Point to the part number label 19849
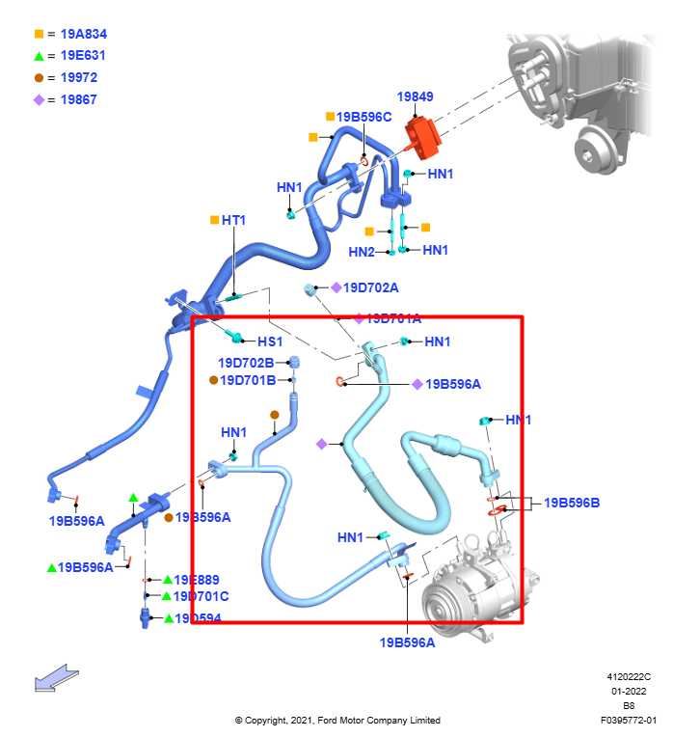pos(416,96)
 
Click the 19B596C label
pos(364,117)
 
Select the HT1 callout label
pos(233,220)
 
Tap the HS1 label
pos(269,341)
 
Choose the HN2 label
pos(362,252)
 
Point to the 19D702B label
pos(245,363)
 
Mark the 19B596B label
pos(572,503)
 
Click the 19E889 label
pos(197,580)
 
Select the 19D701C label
pos(202,596)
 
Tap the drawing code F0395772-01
pos(628,720)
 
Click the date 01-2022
pos(628,691)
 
